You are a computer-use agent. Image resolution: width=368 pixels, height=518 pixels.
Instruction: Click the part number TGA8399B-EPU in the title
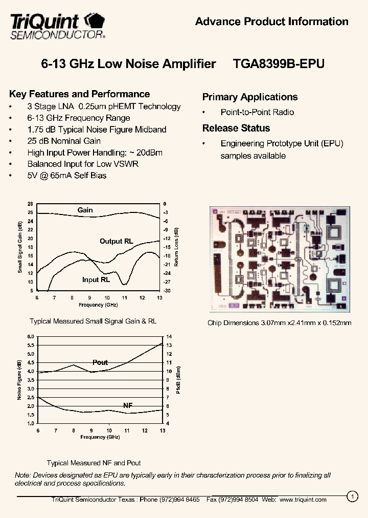coord(279,64)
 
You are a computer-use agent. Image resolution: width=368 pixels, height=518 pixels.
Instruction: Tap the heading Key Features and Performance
coord(80,94)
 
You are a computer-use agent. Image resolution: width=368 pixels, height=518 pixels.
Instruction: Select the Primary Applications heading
coord(250,97)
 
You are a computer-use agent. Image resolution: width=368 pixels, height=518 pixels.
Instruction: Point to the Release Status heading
coord(236,128)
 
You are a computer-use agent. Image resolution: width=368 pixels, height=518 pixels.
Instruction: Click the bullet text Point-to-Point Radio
coord(257,112)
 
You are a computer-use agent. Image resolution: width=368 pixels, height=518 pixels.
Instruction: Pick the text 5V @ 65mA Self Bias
coord(67,175)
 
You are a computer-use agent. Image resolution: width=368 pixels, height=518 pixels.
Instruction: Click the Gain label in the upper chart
coord(85,210)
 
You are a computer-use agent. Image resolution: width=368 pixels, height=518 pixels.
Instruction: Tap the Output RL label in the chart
coord(117,241)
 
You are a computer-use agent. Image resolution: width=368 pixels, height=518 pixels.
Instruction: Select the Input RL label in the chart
coord(96,280)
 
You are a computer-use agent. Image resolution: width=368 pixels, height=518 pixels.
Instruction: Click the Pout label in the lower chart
coord(100,362)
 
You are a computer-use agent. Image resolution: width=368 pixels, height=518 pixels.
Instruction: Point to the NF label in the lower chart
coord(128,405)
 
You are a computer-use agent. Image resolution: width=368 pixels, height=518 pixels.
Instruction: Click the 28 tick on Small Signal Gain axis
coord(30,204)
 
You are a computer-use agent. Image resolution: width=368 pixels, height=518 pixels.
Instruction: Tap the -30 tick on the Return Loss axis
coord(167,291)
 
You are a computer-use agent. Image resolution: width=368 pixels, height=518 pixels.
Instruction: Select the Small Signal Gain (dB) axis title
coord(20,247)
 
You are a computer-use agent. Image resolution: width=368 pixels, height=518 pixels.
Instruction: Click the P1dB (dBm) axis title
coord(178,380)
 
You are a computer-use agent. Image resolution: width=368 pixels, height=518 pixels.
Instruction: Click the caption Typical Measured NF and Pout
coord(94,463)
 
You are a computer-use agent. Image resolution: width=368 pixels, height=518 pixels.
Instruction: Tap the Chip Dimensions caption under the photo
coord(279,323)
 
